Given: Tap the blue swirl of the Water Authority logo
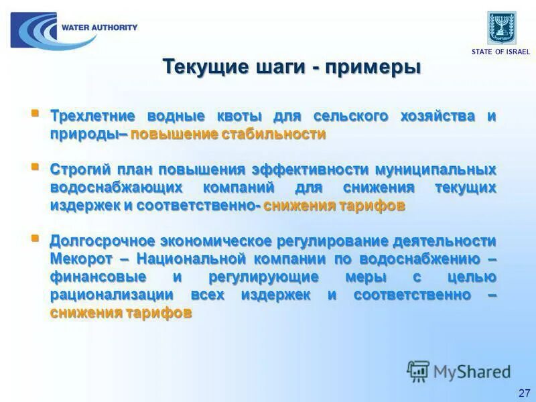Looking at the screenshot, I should click(x=38, y=31).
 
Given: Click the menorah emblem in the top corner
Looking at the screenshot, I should click(x=502, y=27).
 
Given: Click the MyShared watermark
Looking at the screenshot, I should click(x=460, y=371).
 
